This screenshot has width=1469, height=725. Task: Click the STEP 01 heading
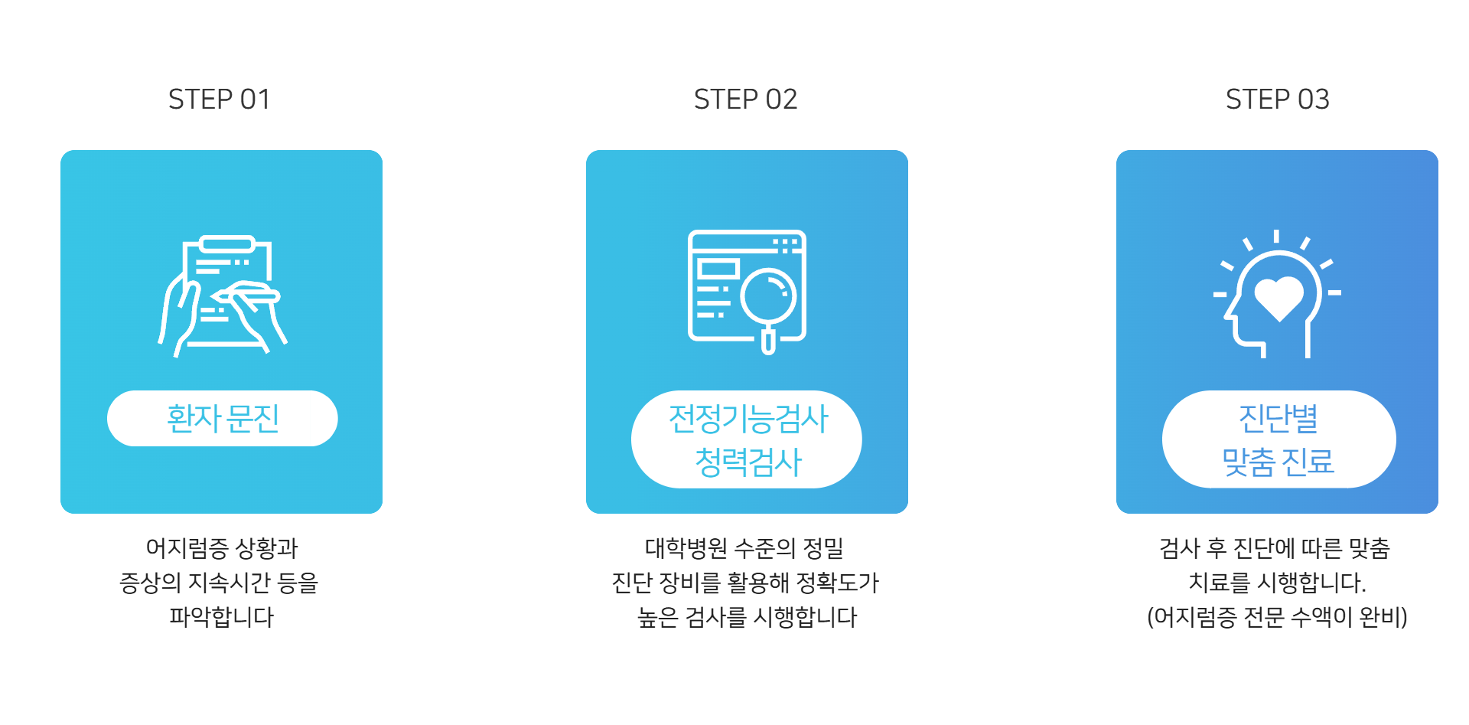click(219, 100)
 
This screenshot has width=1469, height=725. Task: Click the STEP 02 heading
click(745, 100)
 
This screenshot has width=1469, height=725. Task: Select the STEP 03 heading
click(1277, 100)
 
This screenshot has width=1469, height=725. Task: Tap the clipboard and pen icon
click(222, 295)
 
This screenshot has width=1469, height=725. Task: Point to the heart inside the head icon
click(1278, 297)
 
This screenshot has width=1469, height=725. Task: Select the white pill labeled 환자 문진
click(222, 418)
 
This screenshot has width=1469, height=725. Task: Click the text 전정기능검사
click(748, 419)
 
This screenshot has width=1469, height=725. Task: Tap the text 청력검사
click(748, 462)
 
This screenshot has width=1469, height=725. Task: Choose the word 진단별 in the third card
click(1278, 418)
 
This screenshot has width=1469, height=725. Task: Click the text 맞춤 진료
click(1278, 462)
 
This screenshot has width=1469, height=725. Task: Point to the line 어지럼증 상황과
click(221, 548)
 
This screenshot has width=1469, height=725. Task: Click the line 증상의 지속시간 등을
click(219, 583)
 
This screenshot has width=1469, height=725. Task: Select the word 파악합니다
click(221, 617)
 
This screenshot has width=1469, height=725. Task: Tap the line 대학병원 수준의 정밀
click(744, 548)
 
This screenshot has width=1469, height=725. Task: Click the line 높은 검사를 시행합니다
click(747, 617)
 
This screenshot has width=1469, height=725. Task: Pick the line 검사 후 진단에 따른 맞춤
click(1275, 548)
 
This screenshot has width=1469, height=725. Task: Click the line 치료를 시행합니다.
click(1276, 583)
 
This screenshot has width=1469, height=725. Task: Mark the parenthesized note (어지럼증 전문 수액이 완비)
click(1277, 617)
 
